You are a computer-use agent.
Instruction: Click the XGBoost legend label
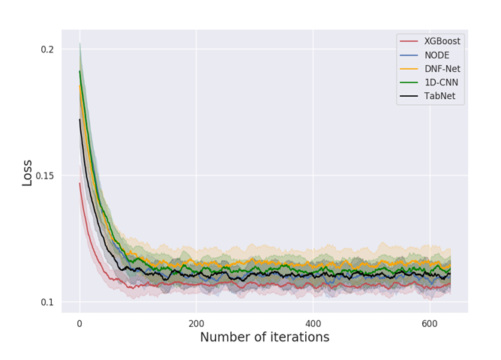coord(442,41)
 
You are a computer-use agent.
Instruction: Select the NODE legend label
coord(436,55)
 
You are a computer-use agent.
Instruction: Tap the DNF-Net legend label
coord(442,69)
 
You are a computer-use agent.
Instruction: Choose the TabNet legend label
coord(439,96)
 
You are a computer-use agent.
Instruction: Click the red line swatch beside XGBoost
coord(409,41)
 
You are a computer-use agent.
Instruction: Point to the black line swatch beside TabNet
coord(409,96)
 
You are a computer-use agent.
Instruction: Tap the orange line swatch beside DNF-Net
coord(409,69)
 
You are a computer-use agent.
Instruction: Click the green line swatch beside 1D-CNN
coord(409,82)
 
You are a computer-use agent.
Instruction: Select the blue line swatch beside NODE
coord(409,55)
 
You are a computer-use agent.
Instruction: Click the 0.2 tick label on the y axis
coord(47,49)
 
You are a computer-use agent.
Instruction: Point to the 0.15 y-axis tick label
coord(44,176)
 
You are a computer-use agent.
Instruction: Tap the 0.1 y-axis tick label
coord(47,302)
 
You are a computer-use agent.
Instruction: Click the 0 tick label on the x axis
coord(79,323)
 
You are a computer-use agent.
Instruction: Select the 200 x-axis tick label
coord(196,323)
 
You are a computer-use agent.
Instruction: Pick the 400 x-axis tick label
coord(313,323)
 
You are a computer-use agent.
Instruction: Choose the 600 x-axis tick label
coord(430,323)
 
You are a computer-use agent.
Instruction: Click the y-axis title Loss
coord(28,172)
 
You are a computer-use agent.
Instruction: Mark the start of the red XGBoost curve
coord(79,183)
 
